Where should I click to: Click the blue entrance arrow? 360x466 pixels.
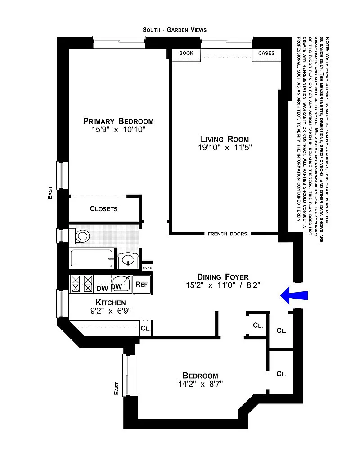click(x=294, y=296)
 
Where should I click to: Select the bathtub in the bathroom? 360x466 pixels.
click(x=91, y=258)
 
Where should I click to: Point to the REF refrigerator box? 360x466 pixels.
click(x=141, y=285)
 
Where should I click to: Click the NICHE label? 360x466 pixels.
click(x=147, y=267)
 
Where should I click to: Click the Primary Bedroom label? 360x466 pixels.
click(x=118, y=121)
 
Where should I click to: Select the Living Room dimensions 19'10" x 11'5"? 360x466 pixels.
click(x=225, y=147)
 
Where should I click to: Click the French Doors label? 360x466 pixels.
click(x=228, y=234)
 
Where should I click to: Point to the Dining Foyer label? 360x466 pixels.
click(x=223, y=277)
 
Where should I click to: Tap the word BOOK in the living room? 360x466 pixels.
click(x=186, y=53)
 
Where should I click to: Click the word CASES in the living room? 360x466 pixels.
click(x=266, y=53)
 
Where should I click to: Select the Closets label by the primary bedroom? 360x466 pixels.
click(x=103, y=209)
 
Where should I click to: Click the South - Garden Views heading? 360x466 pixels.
click(x=175, y=30)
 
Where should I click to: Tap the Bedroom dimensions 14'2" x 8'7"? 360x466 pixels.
click(x=201, y=384)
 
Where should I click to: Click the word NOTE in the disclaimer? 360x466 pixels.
click(x=327, y=43)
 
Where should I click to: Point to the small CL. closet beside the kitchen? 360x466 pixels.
click(x=146, y=328)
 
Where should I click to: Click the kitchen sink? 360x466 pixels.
click(x=121, y=284)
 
